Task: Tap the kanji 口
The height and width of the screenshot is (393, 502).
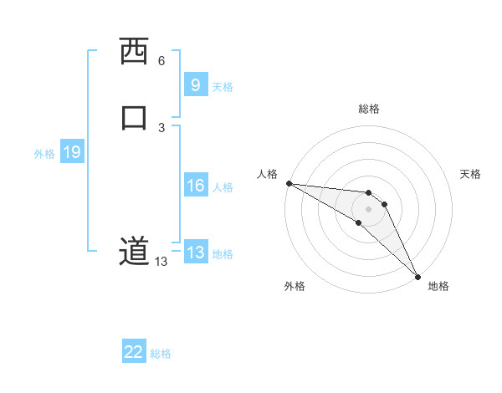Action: [x=134, y=117]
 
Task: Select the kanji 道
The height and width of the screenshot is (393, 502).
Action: [x=133, y=251]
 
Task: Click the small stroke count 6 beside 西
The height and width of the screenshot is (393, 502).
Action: [x=161, y=61]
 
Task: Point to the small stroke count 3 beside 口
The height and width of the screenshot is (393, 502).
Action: [x=161, y=127]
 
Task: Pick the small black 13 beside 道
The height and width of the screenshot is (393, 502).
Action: [x=161, y=262]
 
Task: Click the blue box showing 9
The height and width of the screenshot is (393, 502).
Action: [x=195, y=84]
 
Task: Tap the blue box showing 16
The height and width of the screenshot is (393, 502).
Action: [x=195, y=186]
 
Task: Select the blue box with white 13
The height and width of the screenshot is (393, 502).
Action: [x=195, y=253]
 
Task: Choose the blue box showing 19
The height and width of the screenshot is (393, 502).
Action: [x=71, y=152]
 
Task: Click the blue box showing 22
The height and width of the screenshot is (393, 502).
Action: [x=134, y=352]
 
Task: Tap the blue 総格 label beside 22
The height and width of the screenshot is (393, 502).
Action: [x=161, y=354]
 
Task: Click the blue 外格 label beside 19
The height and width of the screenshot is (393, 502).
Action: [x=44, y=154]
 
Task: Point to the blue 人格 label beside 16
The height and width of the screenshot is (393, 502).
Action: [x=223, y=187]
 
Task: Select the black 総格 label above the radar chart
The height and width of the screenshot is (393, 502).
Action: [x=369, y=109]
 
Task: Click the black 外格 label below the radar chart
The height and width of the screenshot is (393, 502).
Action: [x=295, y=286]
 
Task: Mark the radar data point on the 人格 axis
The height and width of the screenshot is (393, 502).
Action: [x=289, y=183]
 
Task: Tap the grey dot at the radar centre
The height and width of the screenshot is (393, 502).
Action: [x=368, y=208]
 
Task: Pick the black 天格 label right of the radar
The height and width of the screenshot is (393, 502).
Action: [x=471, y=174]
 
